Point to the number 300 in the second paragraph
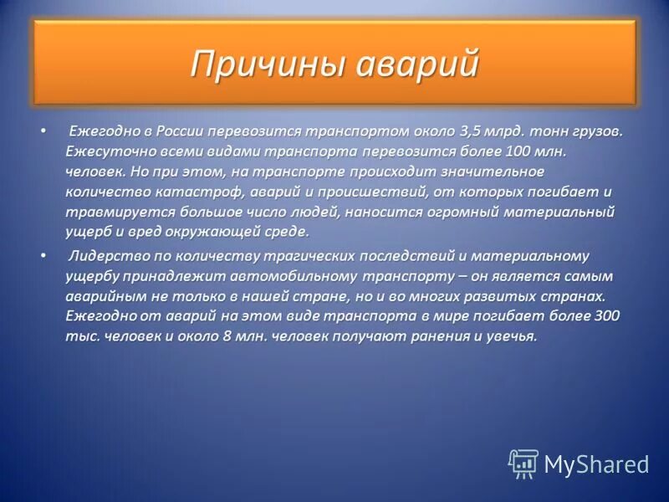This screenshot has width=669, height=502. pos(605,316)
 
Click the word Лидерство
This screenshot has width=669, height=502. pos(105,256)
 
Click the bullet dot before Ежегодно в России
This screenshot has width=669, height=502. pos(42,132)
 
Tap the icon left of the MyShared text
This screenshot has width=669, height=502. pos(523,464)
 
